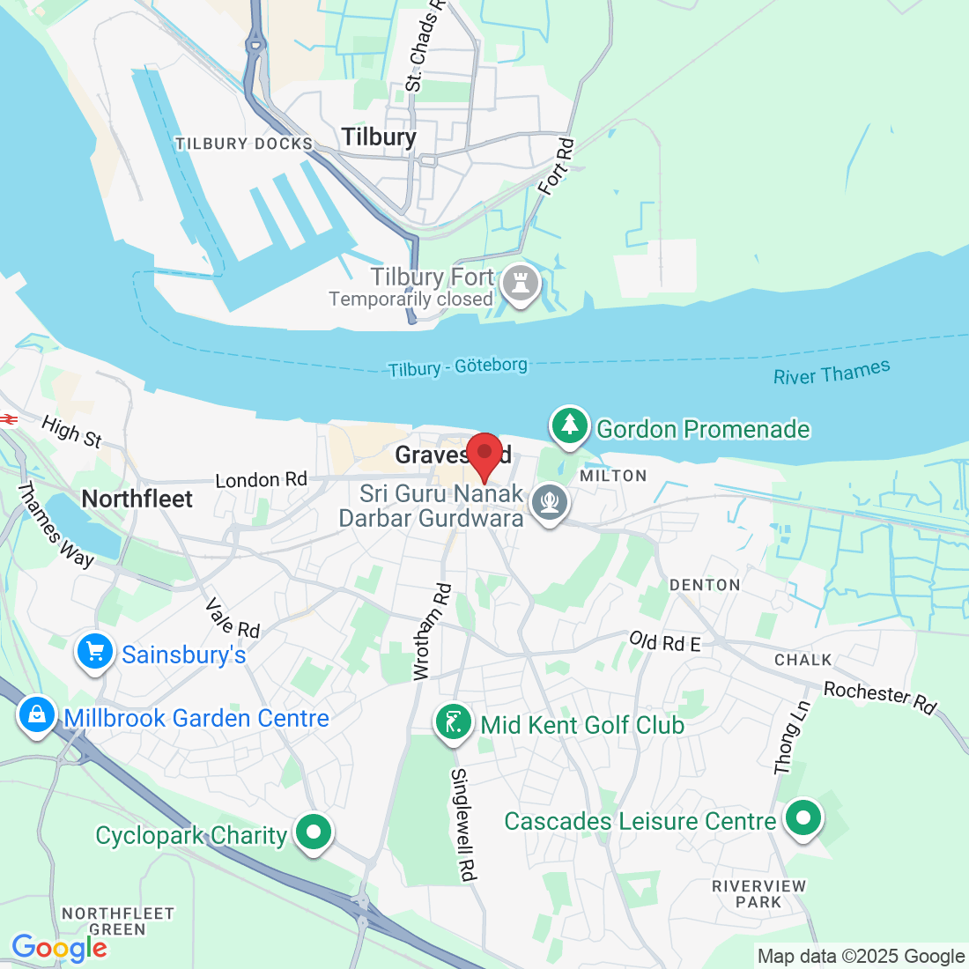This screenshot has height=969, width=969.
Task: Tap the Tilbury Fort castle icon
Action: tap(520, 285)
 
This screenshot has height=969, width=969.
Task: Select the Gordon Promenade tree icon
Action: tap(570, 426)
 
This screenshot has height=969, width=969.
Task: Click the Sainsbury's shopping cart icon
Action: tap(95, 653)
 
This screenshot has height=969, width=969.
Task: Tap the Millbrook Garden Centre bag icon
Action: tap(36, 715)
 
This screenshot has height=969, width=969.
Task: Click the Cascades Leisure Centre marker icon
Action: tap(803, 818)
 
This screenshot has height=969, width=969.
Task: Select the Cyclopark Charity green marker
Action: tap(313, 832)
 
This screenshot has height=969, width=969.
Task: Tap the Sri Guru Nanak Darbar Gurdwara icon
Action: tap(551, 503)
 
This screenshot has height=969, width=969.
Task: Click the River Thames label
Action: tap(832, 373)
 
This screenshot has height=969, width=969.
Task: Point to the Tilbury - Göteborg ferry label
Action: tap(458, 366)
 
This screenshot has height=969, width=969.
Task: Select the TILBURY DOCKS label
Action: tap(244, 144)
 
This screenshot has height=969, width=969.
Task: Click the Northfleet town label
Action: tap(137, 499)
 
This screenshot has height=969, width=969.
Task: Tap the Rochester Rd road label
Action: tap(879, 698)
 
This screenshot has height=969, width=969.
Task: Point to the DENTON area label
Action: tap(705, 585)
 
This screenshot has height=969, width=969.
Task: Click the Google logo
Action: tap(59, 948)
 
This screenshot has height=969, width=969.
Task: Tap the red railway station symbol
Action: tap(9, 419)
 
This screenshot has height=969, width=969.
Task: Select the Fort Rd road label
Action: tap(556, 166)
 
